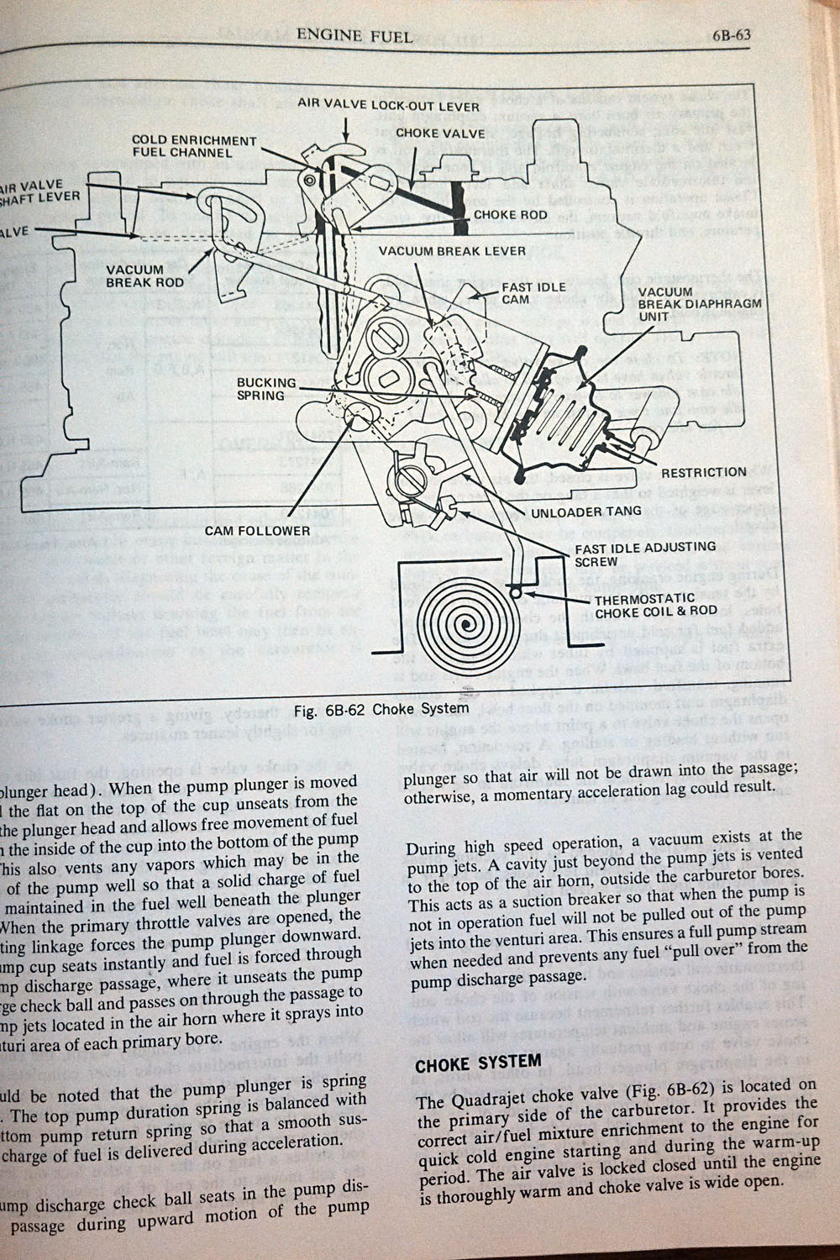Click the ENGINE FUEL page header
pyautogui.click(x=354, y=35)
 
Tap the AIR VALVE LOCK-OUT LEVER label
pyautogui.click(x=389, y=107)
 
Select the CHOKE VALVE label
pyautogui.click(x=440, y=133)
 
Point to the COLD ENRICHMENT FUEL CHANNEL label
pyautogui.click(x=193, y=146)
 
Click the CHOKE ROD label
pyautogui.click(x=510, y=214)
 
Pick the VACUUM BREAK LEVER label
pyautogui.click(x=452, y=251)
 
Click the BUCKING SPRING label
pyautogui.click(x=266, y=389)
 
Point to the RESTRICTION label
pyautogui.click(x=704, y=472)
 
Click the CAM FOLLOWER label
pyautogui.click(x=258, y=531)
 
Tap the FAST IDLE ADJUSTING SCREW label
pyautogui.click(x=645, y=554)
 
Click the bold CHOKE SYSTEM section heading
pyautogui.click(x=479, y=1063)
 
